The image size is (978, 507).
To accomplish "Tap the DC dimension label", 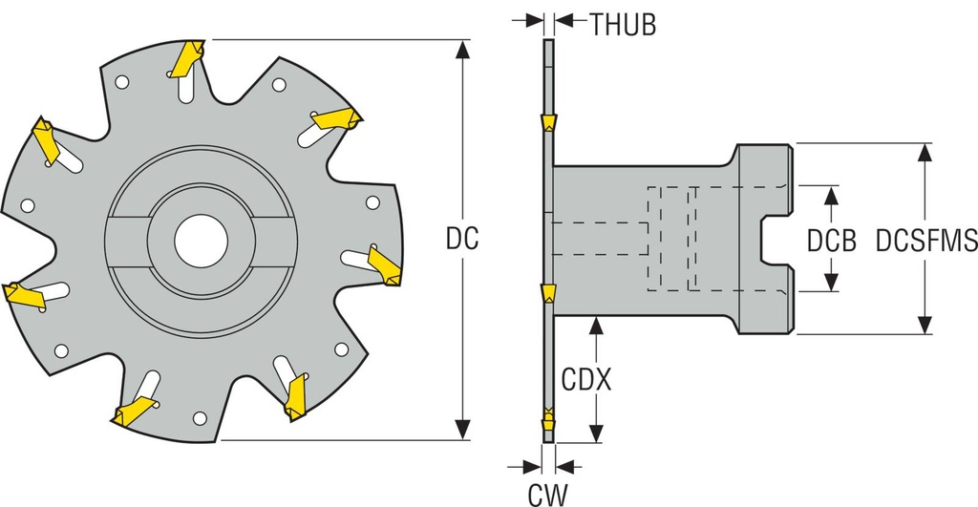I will (461, 239).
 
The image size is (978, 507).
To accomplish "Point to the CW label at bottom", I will (547, 494).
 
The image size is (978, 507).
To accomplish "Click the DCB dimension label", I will (830, 242).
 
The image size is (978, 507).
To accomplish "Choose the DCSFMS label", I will (920, 242).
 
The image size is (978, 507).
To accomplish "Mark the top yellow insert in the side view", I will (548, 123).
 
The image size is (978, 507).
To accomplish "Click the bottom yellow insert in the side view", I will (548, 416).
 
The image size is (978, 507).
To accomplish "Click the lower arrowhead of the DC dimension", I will (463, 433).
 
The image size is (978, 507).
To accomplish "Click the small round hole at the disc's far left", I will (28, 203).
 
